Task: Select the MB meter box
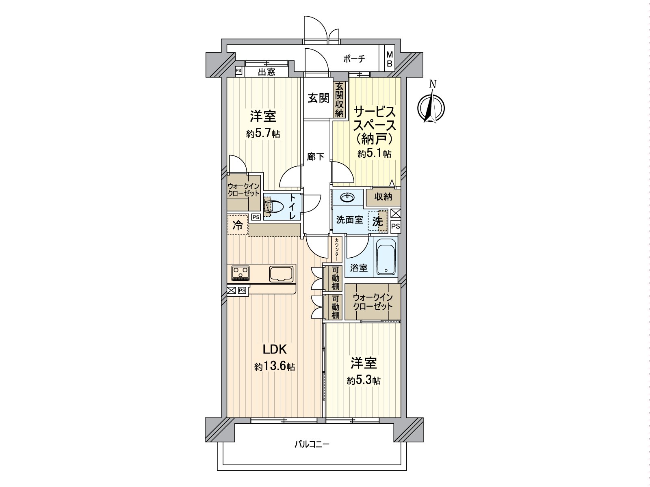click(x=389, y=59)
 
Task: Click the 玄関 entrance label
click(x=318, y=99)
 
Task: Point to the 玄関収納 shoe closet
click(x=339, y=100)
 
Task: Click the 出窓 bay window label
click(x=267, y=72)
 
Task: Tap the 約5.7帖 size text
click(x=263, y=134)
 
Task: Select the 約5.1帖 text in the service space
click(x=375, y=154)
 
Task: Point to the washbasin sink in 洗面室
click(x=348, y=198)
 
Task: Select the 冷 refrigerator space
click(x=238, y=225)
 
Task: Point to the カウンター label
click(x=337, y=249)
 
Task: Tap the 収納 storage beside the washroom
click(x=383, y=197)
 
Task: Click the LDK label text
click(x=275, y=349)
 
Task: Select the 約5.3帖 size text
click(x=364, y=381)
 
